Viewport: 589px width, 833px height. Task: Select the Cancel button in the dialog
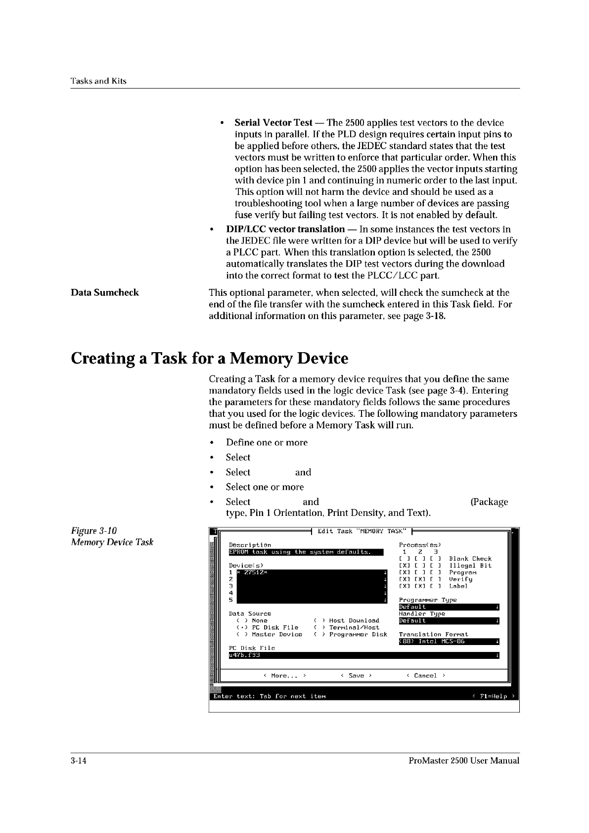coord(425,676)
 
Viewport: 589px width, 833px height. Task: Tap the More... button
coord(284,676)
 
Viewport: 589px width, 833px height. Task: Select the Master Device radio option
coord(270,635)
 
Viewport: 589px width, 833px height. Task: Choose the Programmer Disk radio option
coord(351,635)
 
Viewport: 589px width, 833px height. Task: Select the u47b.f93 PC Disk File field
coord(363,655)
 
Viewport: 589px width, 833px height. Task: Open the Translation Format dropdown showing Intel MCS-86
coord(449,642)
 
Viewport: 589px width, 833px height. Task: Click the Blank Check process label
coord(470,559)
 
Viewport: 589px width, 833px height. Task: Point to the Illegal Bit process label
coord(470,566)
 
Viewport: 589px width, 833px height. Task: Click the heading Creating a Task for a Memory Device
coord(210,358)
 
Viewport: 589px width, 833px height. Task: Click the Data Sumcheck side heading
coord(105,293)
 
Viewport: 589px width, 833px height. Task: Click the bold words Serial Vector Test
coord(273,123)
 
